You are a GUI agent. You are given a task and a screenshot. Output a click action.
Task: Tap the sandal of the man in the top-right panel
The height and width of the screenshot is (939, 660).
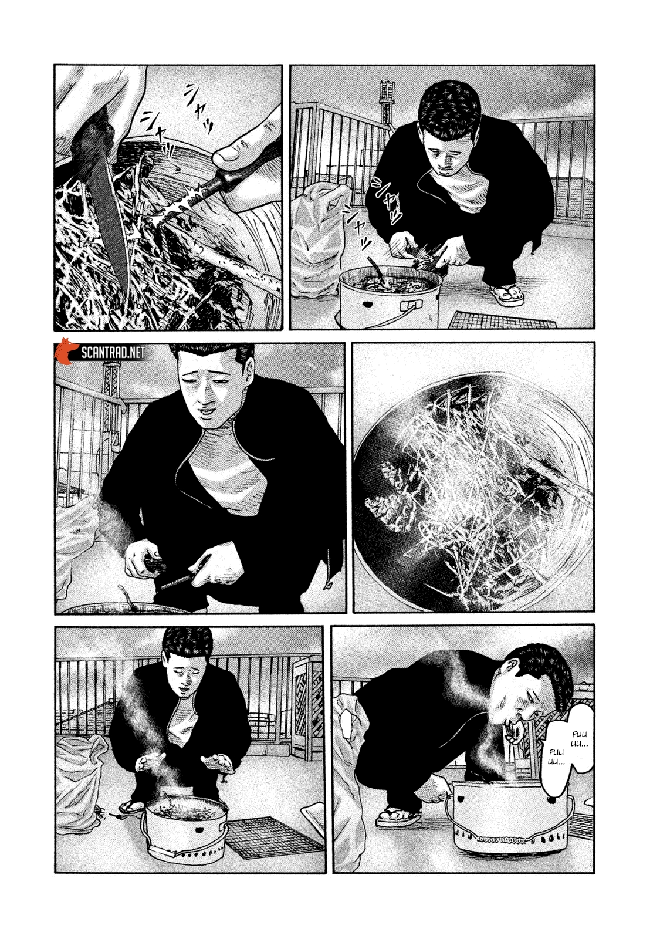click(506, 293)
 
